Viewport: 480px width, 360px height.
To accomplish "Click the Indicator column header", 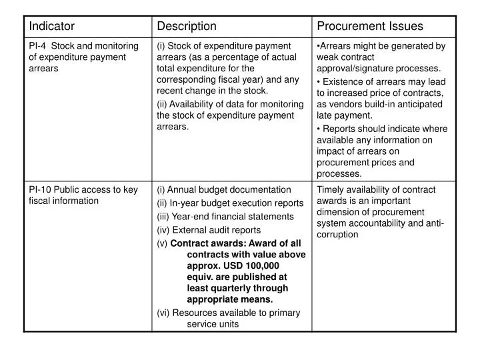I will (x=51, y=26).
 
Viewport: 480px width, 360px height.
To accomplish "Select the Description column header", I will (x=186, y=26).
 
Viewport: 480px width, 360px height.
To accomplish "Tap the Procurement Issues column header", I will (x=369, y=26).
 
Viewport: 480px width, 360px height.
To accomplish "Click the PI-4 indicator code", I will (x=37, y=45).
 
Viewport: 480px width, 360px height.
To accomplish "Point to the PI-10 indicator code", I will (x=39, y=189).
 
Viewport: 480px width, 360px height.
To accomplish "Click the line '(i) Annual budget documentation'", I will (x=223, y=189).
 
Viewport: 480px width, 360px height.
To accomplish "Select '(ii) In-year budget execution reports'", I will (x=230, y=203).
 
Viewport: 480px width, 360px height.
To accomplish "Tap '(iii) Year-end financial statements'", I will (x=225, y=216).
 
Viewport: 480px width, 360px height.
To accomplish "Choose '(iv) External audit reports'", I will (x=209, y=230).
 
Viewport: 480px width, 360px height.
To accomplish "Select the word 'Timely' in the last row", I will (x=330, y=189).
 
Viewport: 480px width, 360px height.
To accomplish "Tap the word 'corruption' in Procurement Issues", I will (x=338, y=235).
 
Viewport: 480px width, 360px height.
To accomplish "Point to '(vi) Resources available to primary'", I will (x=228, y=313).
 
